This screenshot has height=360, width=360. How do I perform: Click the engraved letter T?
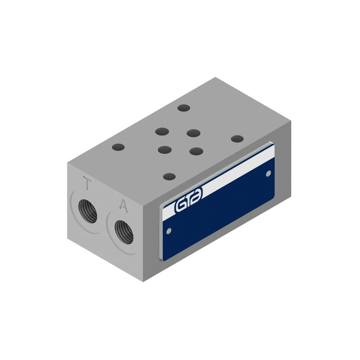point(87,183)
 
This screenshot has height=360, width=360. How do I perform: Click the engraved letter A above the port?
point(123,206)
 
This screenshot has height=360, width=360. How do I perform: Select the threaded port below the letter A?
point(124,232)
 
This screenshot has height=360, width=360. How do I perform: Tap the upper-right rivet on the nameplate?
point(268,174)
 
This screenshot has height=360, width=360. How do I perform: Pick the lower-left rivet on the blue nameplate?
point(169,231)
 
